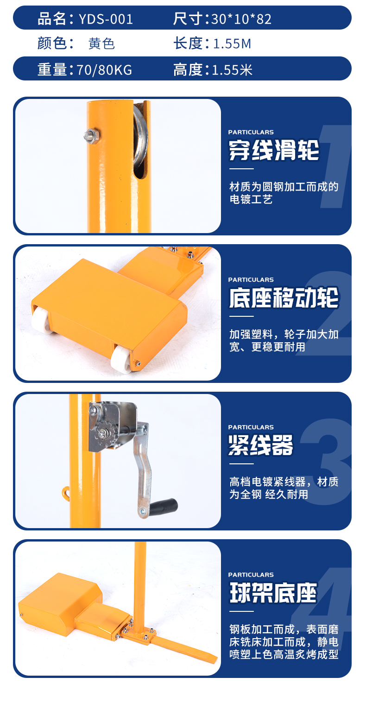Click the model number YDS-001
[106, 19]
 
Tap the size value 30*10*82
[241, 19]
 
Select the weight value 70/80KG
[104, 70]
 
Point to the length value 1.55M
[232, 44]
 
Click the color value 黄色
[101, 43]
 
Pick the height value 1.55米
[232, 70]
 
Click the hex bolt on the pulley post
[92, 135]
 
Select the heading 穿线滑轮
[274, 150]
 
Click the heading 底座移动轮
[284, 298]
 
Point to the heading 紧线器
[260, 445]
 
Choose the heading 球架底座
[273, 592]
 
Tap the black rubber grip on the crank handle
[163, 505]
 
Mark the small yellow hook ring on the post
[66, 492]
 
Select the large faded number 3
[327, 461]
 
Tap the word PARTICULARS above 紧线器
[251, 427]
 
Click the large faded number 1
[334, 166]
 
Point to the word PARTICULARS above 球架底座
[251, 575]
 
